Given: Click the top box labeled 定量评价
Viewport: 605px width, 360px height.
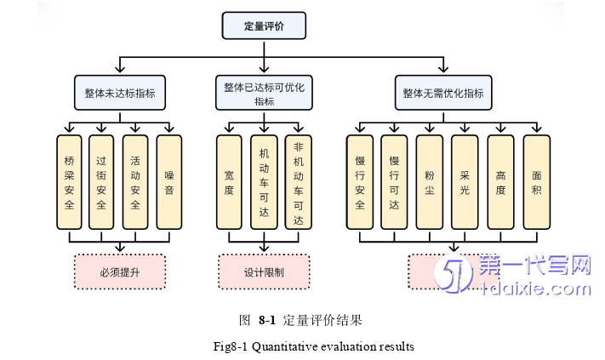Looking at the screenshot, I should coord(264,26).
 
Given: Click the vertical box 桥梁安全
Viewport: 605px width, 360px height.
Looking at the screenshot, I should coord(70,181).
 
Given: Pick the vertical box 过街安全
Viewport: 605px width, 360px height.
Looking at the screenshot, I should coord(102,181).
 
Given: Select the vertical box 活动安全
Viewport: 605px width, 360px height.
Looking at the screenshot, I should coord(136,181).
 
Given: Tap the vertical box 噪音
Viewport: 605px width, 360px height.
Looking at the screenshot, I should coord(169,181).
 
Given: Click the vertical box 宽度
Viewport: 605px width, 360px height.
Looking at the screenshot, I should coord(230,181).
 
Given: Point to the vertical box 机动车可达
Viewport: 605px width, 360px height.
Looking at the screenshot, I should coord(264,181).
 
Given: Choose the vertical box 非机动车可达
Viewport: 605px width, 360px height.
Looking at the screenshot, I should coord(298,181).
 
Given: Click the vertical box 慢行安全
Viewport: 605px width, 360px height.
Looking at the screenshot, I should coord(360,181).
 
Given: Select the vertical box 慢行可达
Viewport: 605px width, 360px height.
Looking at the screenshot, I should coord(394,181).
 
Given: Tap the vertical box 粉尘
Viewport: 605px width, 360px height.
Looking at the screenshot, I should coord(430,181).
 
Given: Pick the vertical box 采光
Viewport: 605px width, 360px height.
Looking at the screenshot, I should coord(465,181).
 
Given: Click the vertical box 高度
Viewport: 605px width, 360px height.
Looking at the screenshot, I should coord(500,181).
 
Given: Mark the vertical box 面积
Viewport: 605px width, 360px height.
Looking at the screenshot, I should coord(536,181).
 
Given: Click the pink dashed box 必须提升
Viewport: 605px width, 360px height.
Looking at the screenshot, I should coord(120,272).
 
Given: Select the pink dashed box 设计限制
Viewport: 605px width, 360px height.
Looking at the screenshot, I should coord(264,272).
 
